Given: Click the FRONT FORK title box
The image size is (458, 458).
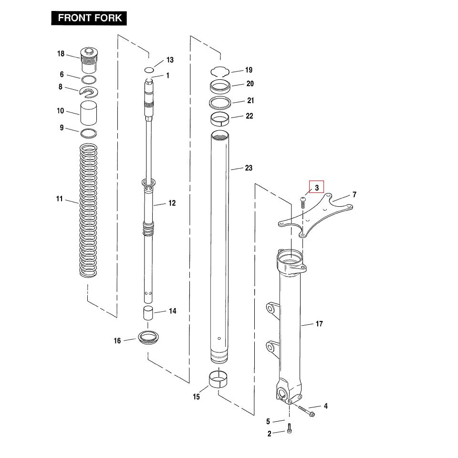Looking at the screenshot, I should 89,19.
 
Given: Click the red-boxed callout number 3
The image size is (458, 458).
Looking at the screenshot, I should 316,188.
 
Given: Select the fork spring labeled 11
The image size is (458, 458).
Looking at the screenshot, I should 88,210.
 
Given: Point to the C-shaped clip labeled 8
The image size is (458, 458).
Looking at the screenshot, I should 89,90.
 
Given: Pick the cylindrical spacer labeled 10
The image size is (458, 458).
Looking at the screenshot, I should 89,113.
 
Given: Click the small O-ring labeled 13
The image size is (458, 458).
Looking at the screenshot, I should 149,70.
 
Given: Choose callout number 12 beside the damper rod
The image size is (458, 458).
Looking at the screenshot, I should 172,203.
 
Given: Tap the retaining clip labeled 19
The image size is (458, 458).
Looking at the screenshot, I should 221,71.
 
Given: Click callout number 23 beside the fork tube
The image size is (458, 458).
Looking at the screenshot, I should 249,168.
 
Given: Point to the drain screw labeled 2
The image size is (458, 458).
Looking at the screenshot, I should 289,430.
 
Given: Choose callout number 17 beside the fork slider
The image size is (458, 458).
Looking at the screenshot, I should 319,324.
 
